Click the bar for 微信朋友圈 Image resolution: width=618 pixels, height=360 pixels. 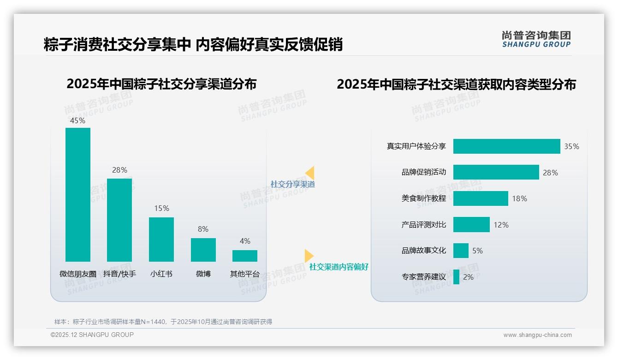pyautogui.click(x=78, y=194)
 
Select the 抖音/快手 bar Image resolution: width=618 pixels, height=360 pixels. pyautogui.click(x=119, y=220)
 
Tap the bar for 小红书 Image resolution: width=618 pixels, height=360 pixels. pyautogui.click(x=161, y=239)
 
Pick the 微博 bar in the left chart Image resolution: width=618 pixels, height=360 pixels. pyautogui.click(x=203, y=250)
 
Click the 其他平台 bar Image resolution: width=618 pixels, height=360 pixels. pyautogui.click(x=245, y=256)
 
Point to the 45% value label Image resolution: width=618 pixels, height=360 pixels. pyautogui.click(x=77, y=120)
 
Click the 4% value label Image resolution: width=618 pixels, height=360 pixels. pyautogui.click(x=245, y=241)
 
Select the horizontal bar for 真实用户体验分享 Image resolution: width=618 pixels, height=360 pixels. pyautogui.click(x=506, y=146)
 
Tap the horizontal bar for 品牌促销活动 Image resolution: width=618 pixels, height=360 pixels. pyautogui.click(x=496, y=172)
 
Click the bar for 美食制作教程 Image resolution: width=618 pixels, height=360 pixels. pyautogui.click(x=481, y=198)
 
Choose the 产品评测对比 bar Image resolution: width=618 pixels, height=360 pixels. pyautogui.click(x=471, y=225)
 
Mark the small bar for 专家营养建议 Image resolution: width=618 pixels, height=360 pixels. pyautogui.click(x=456, y=277)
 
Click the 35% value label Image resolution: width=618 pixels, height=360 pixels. pyautogui.click(x=571, y=146)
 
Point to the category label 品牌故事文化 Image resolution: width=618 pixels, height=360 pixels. pyautogui.click(x=423, y=251)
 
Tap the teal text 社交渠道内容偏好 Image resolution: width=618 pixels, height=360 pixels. pyautogui.click(x=339, y=267)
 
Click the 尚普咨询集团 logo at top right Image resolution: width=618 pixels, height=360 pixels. pyautogui.click(x=536, y=39)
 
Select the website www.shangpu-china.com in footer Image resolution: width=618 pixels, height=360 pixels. pyautogui.click(x=537, y=335)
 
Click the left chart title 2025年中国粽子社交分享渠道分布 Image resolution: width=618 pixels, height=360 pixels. pyautogui.click(x=161, y=84)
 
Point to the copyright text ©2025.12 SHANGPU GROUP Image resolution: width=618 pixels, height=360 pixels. pyautogui.click(x=92, y=335)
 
